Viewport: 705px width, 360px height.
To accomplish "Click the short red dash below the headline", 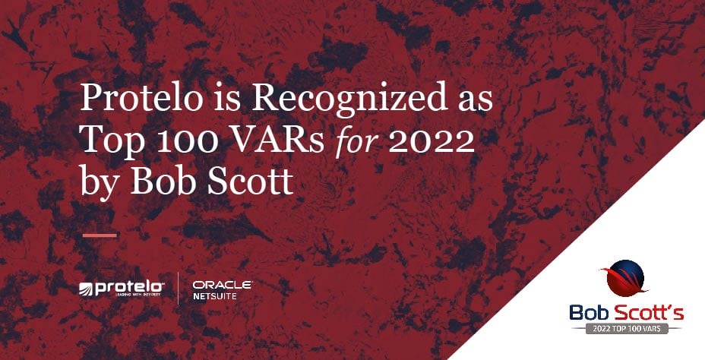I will coord(99,235).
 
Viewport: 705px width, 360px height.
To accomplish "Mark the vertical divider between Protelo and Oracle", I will coord(179,289).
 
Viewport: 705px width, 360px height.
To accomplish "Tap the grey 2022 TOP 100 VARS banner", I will coord(624,329).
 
